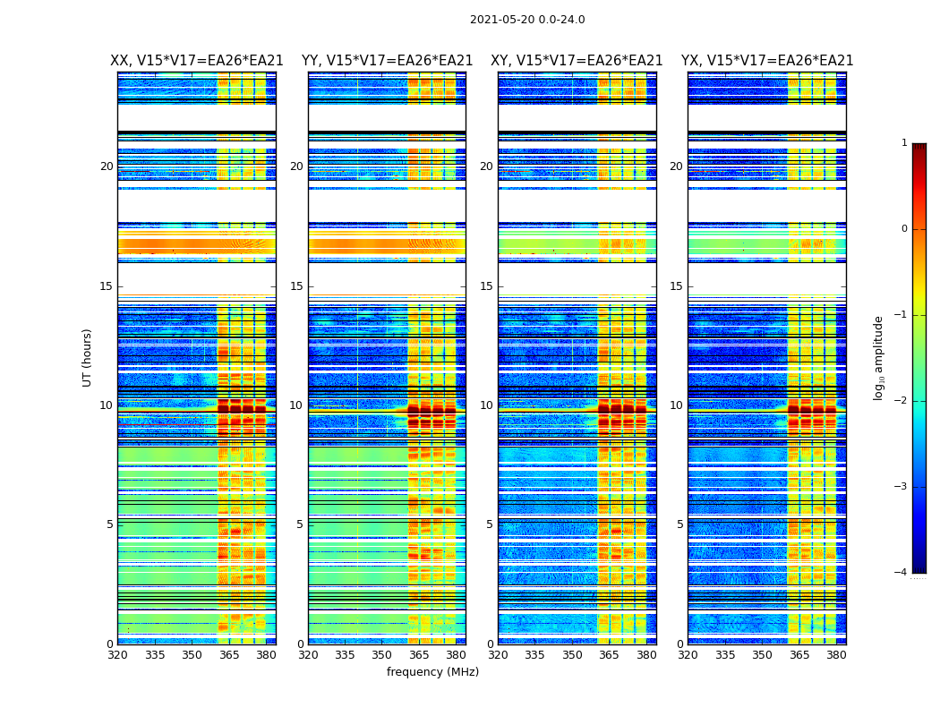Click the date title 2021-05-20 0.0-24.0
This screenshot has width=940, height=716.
[x=527, y=20]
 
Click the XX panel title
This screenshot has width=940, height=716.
[x=197, y=61]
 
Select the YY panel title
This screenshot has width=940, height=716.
[x=387, y=61]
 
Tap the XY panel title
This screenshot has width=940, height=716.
[x=577, y=61]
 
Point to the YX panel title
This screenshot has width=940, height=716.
[x=767, y=61]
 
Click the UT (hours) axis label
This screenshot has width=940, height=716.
[x=88, y=357]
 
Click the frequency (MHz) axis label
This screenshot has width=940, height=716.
[x=432, y=672]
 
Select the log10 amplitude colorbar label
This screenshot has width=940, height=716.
[x=879, y=357]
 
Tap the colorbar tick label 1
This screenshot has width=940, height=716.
[x=904, y=143]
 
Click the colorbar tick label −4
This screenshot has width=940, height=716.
[x=902, y=573]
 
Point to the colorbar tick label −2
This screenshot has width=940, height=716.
[x=902, y=401]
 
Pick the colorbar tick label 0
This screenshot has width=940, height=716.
[x=904, y=229]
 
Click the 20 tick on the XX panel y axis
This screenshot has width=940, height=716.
[x=107, y=166]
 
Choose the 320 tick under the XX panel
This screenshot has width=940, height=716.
[x=117, y=655]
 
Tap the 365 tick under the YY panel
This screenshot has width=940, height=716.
[x=419, y=655]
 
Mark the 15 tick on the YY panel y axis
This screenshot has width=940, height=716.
[x=296, y=286]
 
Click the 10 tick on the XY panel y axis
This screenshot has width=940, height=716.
[x=486, y=405]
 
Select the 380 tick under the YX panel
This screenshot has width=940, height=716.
[x=836, y=655]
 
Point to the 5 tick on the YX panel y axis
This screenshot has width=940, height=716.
[x=679, y=524]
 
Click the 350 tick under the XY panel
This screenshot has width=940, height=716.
[x=572, y=655]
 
